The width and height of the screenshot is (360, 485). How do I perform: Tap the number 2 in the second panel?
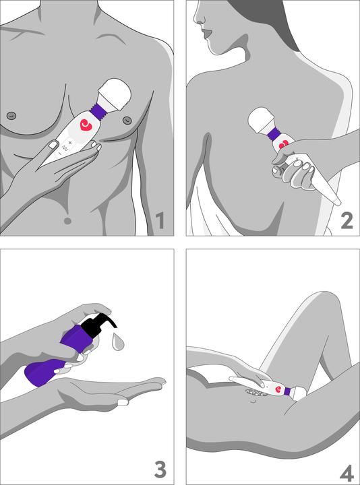point(347,220)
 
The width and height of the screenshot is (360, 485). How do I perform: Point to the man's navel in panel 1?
point(67,220)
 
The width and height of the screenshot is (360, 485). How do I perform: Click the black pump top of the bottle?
point(94,326)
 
